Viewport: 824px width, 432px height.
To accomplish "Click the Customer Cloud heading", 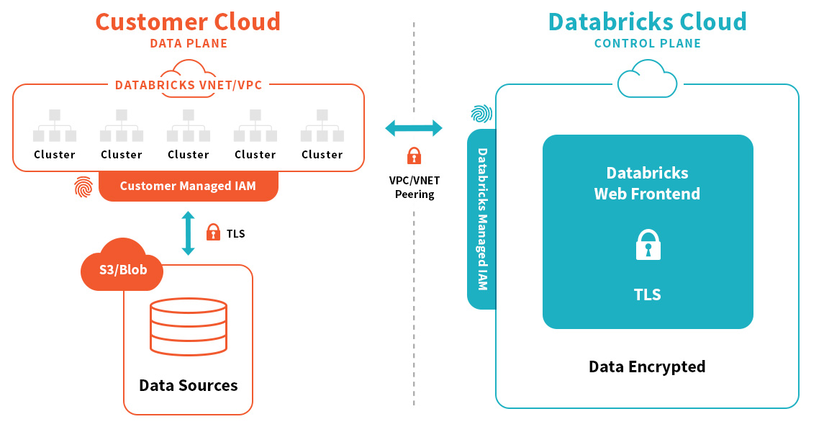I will coord(188,22).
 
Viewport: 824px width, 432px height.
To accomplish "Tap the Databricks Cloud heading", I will coord(647,22).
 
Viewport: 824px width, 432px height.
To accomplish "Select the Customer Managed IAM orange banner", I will coord(188,186).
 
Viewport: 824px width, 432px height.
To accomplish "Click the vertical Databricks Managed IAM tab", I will coord(481,219).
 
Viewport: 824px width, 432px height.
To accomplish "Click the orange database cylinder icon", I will coord(188,328).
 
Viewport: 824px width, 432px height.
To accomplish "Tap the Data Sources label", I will coord(188,385).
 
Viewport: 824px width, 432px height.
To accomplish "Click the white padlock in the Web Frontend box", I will coord(648,245).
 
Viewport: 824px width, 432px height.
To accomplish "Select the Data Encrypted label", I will coord(647,366).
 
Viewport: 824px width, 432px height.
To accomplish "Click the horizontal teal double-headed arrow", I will coord(414,129).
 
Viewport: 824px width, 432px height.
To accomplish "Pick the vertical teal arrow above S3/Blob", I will coord(188,233).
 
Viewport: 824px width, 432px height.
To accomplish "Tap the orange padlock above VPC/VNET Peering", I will coord(414,156).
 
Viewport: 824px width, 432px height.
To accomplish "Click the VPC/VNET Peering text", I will coord(415,188).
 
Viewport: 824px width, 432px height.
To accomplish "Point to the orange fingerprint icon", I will coord(83,188).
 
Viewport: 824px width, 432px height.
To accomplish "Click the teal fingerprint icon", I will coord(481,114).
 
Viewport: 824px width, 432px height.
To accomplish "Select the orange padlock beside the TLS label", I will coord(213,233).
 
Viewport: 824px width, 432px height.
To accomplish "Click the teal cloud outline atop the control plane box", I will coord(647,79).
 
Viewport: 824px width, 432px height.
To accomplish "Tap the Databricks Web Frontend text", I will coord(647,183).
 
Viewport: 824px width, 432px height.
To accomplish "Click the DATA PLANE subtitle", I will coord(189,44).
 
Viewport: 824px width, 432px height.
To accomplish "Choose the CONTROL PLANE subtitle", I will coord(647,44).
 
